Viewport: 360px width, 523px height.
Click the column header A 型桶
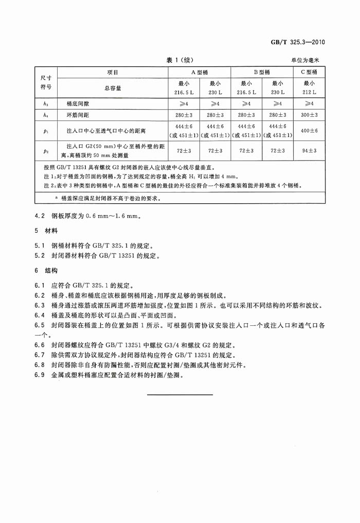(x=200, y=72)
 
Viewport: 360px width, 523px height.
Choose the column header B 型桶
(x=262, y=72)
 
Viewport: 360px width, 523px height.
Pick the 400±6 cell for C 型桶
(x=309, y=131)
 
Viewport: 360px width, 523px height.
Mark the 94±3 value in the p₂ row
(x=309, y=151)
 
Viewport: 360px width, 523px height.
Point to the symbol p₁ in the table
(x=46, y=131)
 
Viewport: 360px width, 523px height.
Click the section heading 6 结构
(x=46, y=270)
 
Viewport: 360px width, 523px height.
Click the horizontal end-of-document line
(x=179, y=395)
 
